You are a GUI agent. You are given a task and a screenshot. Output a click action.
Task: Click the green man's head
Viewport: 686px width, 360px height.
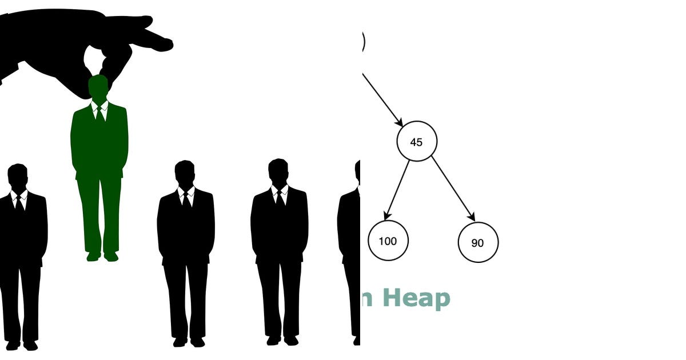click(98, 87)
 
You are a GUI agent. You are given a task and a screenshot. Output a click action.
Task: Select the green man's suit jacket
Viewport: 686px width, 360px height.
click(99, 140)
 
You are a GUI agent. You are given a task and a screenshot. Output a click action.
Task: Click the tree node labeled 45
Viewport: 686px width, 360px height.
click(417, 141)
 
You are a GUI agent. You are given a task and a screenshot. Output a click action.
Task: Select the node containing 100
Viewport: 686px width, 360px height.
click(388, 241)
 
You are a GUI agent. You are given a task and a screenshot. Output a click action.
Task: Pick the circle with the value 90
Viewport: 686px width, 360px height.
click(478, 242)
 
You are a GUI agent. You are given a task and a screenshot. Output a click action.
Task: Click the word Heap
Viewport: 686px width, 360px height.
click(416, 298)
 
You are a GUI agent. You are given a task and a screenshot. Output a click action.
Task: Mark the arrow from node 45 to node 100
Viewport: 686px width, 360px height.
click(397, 190)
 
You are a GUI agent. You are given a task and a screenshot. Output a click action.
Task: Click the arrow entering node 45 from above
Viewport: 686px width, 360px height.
click(382, 99)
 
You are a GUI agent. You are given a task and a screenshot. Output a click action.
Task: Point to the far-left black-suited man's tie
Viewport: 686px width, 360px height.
click(19, 203)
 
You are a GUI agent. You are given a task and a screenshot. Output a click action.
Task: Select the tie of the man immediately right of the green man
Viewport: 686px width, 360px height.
click(186, 199)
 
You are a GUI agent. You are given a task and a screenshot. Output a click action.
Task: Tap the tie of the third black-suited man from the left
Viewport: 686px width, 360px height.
click(280, 197)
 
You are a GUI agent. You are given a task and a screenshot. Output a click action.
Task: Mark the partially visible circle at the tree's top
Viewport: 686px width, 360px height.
click(363, 41)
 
